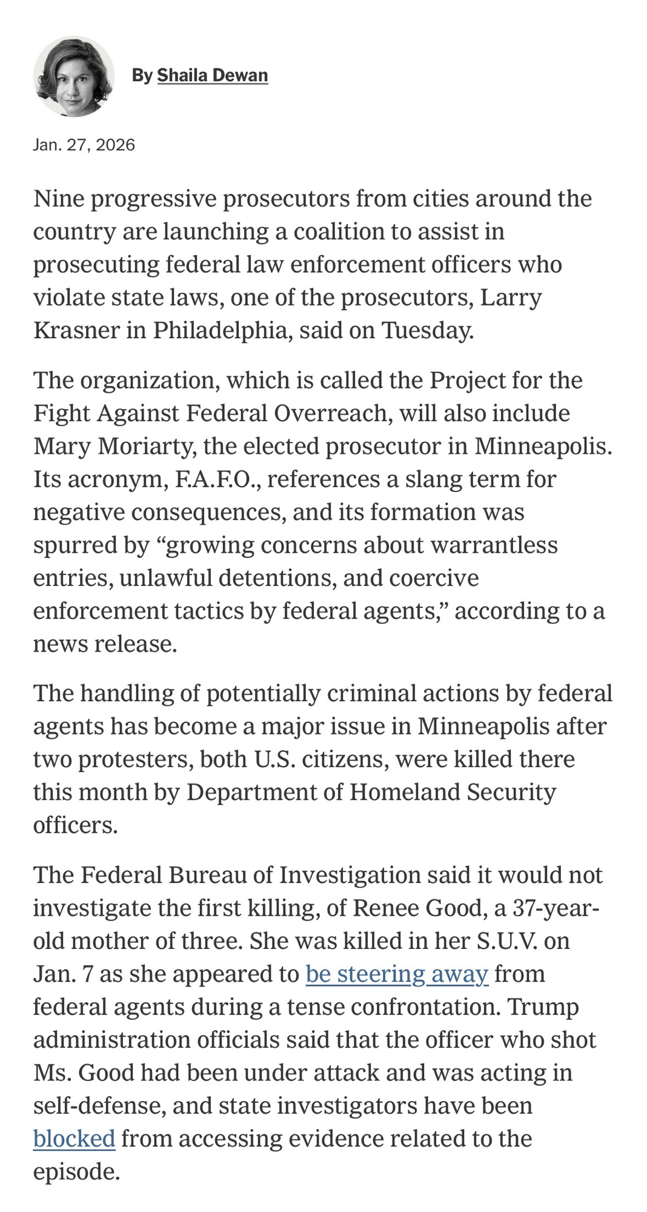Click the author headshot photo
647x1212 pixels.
(x=74, y=76)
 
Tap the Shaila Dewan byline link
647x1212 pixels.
(x=212, y=75)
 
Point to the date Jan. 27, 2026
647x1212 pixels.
(x=84, y=145)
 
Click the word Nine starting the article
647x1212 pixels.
(x=58, y=199)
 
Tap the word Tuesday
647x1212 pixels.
(x=427, y=330)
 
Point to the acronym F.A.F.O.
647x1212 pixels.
(x=217, y=479)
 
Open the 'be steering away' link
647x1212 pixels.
(x=397, y=974)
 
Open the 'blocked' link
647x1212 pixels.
(x=74, y=1139)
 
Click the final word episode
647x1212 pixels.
(x=76, y=1172)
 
